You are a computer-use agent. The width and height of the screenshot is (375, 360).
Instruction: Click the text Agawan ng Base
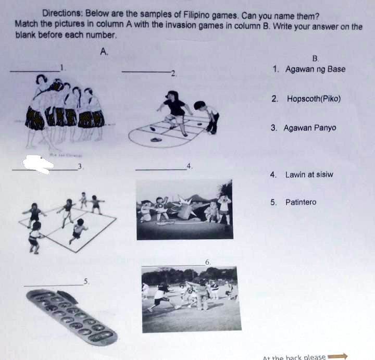point(315,69)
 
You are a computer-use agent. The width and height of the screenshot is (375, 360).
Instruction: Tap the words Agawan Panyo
point(310,128)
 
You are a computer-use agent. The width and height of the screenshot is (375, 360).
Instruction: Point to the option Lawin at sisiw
point(309,175)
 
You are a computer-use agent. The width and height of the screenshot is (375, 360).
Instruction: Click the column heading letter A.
point(104,51)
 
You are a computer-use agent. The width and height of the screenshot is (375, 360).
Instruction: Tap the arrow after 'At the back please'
point(338,357)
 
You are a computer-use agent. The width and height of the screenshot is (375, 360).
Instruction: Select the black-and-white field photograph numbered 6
point(191,299)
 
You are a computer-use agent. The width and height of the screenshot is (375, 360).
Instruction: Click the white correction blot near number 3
point(39,163)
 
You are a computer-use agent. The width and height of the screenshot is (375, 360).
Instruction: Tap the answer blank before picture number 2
point(145,71)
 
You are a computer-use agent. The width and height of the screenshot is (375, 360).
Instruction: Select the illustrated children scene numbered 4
point(184,209)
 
